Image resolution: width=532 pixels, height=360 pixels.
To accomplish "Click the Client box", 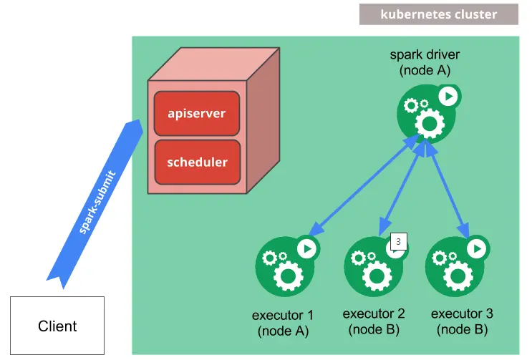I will [57, 326].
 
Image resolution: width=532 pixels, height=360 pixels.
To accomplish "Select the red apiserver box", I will [197, 113].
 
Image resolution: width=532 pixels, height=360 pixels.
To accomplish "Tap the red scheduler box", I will [197, 162].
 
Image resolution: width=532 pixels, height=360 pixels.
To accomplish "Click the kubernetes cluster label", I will [438, 14].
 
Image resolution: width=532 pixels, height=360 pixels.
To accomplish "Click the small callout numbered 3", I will [398, 242].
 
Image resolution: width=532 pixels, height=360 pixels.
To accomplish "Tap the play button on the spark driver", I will [449, 96].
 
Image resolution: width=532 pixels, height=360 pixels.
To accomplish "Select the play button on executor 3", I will [477, 248].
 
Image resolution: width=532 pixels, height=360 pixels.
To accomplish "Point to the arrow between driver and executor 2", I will [401, 190].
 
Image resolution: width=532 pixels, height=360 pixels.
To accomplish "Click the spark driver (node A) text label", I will [425, 62].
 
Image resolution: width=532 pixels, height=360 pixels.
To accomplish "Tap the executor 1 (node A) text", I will [283, 323].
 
